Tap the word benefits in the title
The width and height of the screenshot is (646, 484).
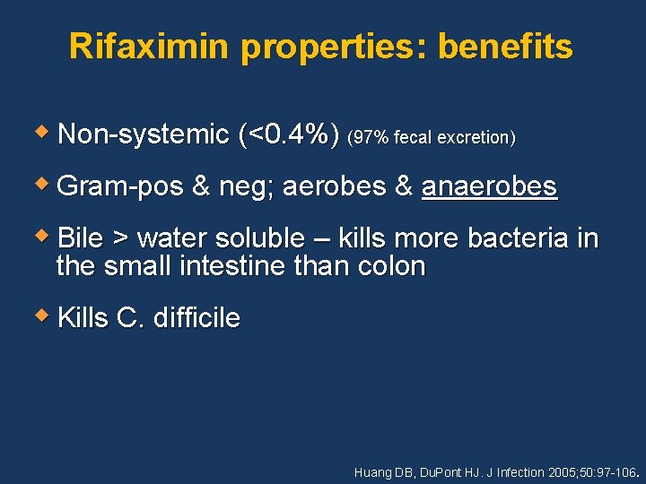(x=505, y=47)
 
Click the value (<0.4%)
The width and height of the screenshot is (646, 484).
(x=290, y=135)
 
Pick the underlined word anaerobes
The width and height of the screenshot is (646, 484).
(x=489, y=186)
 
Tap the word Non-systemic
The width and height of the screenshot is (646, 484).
(x=144, y=135)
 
